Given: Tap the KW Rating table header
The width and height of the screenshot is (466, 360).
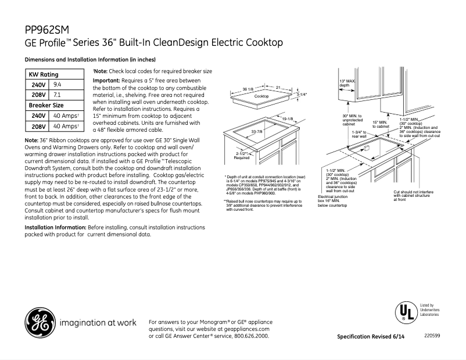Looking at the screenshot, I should coord(44,74).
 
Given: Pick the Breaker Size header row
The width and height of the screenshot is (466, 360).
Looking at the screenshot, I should coord(46,105).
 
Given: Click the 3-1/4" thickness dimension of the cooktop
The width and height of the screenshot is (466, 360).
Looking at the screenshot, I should coord(301,94).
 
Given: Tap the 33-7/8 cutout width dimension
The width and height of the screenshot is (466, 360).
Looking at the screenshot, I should coord(258,132).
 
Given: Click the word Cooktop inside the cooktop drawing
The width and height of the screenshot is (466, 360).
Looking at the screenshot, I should coord(262,96).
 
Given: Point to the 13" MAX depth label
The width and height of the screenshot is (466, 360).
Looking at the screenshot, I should coord(347,82).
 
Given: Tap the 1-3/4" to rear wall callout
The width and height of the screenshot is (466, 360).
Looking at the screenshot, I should coord(359,134).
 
